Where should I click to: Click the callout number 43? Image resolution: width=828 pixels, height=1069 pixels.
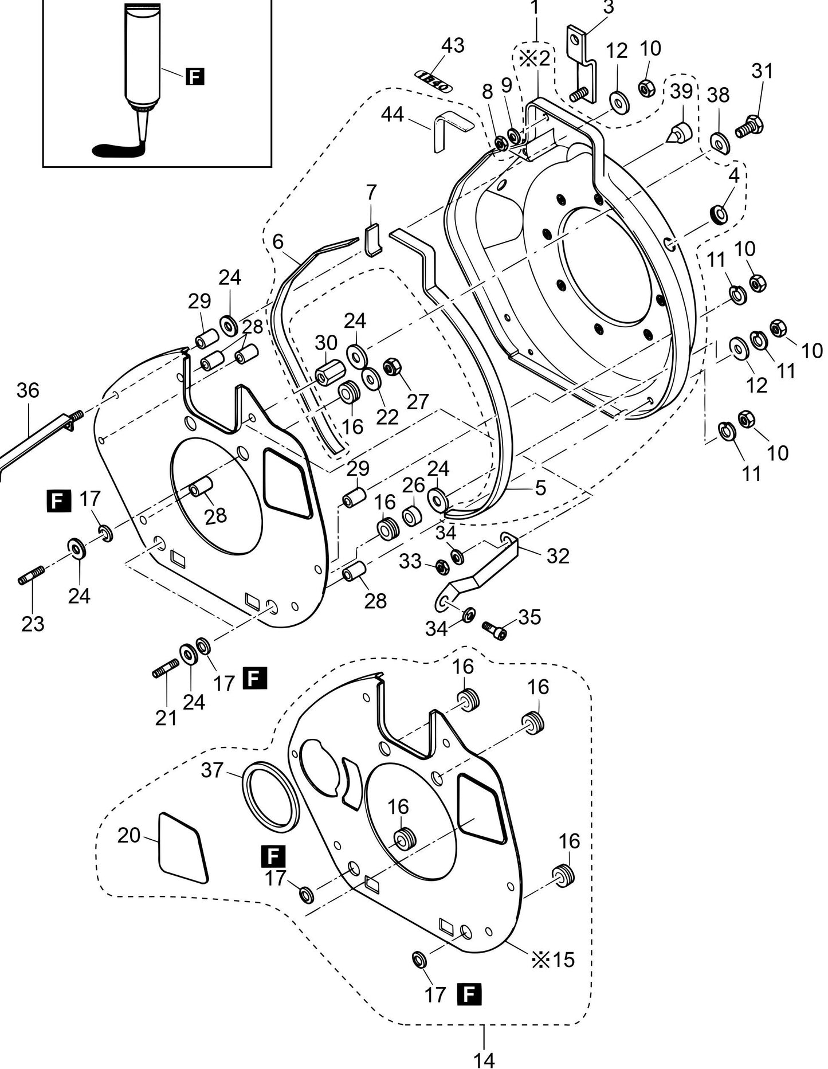coord(453,46)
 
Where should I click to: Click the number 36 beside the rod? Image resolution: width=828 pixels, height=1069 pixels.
coord(28,390)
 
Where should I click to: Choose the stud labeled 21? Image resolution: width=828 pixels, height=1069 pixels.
coord(166,669)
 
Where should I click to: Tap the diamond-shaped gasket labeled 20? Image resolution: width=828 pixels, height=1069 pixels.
coord(183,847)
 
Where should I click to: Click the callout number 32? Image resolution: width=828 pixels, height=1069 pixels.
coord(558,555)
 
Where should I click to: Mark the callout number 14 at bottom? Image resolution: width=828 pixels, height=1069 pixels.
coord(484,1060)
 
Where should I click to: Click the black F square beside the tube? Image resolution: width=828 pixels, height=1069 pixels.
coord(195,76)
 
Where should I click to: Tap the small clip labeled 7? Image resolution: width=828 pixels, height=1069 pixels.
coord(372,240)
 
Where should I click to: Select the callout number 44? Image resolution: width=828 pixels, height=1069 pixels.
coord(393,115)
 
